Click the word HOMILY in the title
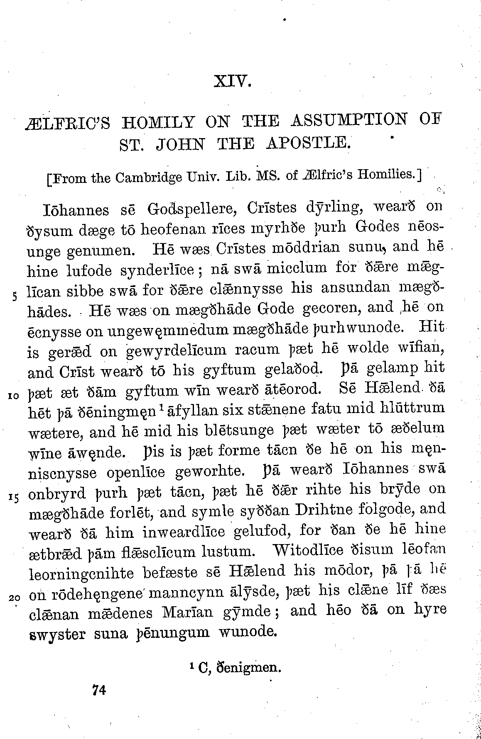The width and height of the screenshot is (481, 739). coord(158,123)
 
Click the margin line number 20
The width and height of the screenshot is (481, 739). coord(14,598)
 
